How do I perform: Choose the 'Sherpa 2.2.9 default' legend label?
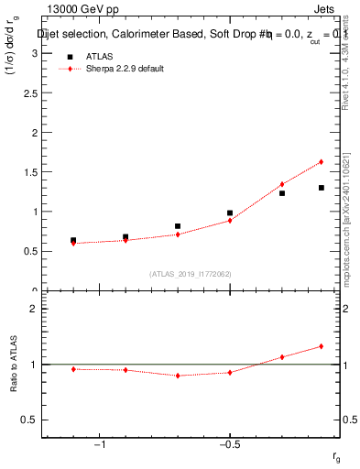[x=125, y=70]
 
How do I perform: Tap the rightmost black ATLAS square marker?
[x=322, y=188]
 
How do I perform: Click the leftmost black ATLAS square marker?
[x=73, y=240]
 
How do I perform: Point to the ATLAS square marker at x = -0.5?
[x=230, y=213]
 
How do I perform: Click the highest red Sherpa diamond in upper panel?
[x=322, y=162]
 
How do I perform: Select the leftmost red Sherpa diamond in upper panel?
[x=73, y=243]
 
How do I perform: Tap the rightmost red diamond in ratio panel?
[x=322, y=346]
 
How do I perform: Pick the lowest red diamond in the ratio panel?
[x=178, y=376]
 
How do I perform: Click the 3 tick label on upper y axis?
[x=33, y=53]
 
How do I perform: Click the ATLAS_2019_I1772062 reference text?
[x=191, y=273]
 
